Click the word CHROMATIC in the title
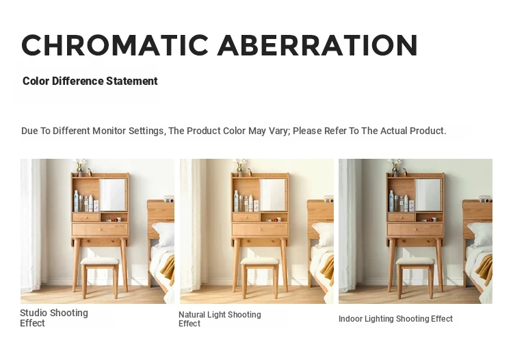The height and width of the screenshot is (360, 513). (x=115, y=45)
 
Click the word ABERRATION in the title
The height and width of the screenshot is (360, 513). (x=317, y=45)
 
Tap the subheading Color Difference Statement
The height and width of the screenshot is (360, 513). (x=90, y=81)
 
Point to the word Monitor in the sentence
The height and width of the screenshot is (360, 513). (x=109, y=131)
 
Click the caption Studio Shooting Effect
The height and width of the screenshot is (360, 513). (x=54, y=318)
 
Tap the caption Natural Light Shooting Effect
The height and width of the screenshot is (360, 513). (x=220, y=319)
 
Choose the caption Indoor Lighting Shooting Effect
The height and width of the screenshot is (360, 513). (x=395, y=319)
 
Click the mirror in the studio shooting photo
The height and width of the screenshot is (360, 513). (x=113, y=195)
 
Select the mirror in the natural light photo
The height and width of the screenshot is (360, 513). (x=273, y=195)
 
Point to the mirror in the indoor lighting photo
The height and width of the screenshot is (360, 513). (x=428, y=195)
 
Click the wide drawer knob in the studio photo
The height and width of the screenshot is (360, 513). (x=100, y=229)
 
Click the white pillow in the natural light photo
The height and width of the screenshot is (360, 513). (x=324, y=235)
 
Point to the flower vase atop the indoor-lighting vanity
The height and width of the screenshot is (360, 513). (x=396, y=168)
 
